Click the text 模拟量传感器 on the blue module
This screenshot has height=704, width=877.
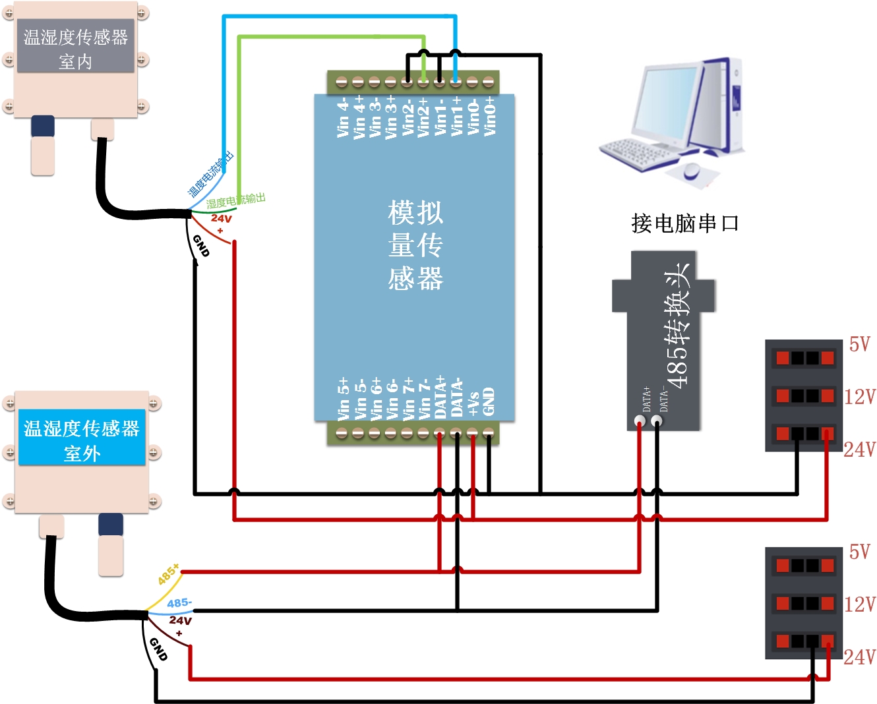pos(415,245)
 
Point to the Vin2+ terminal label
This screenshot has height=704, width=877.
pos(423,117)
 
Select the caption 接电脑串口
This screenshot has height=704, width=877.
pos(684,223)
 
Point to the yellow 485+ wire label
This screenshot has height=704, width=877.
pos(168,575)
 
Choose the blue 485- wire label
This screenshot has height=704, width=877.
pos(179,603)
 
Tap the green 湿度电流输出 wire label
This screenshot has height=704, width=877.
pos(235,200)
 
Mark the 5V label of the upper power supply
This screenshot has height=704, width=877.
pos(859,344)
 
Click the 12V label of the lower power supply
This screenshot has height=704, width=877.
pos(860,604)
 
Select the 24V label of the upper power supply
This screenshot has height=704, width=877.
pos(860,450)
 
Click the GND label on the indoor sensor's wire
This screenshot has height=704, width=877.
pos(200,246)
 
